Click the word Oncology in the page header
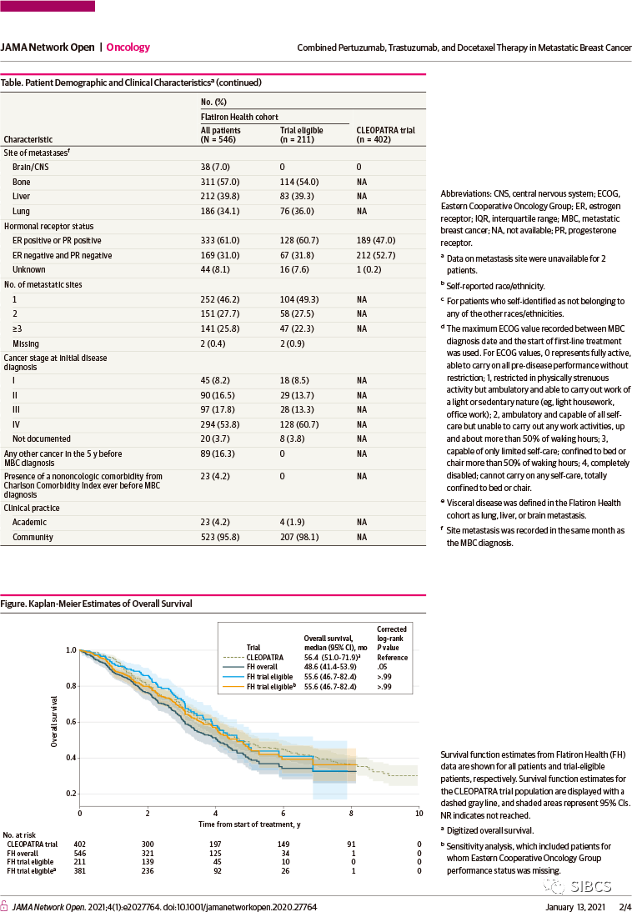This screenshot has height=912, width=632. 128,48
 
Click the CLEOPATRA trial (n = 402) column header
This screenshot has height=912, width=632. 385,135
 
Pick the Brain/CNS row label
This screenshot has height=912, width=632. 29,168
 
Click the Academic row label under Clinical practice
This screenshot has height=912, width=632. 30,523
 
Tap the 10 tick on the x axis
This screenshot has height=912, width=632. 418,812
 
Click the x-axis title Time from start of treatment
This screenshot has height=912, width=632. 248,824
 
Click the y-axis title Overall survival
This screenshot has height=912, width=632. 54,720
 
